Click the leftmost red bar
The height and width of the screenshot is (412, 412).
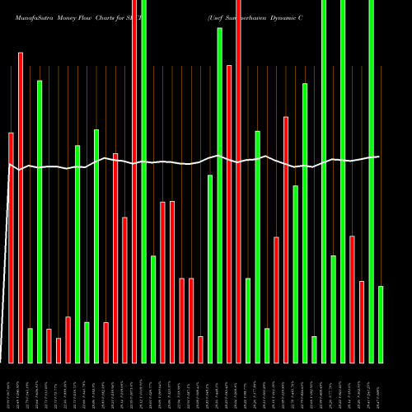(x=11, y=247)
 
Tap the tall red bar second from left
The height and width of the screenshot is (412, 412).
(x=21, y=206)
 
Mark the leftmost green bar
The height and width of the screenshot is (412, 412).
(x=30, y=345)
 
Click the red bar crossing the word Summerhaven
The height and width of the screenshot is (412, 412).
(x=239, y=181)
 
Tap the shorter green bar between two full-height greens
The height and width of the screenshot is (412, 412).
(x=333, y=309)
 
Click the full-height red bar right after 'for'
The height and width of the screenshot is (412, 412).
(x=135, y=181)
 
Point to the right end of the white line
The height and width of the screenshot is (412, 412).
(x=379, y=157)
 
